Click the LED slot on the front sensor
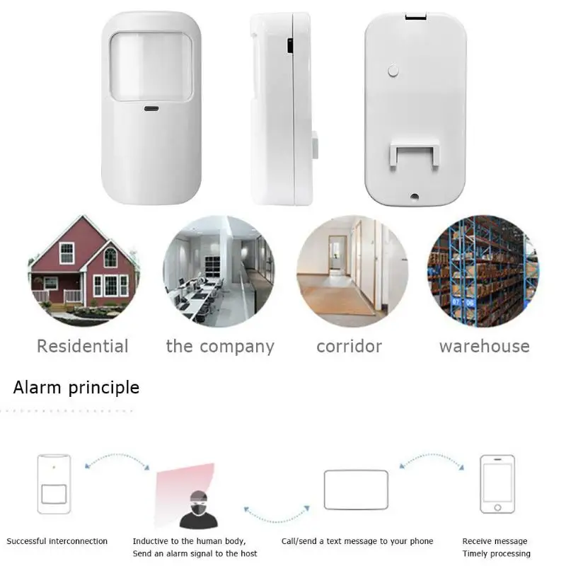pyautogui.click(x=151, y=108)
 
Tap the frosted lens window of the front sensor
pyautogui.click(x=151, y=67)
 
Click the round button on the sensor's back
pyautogui.click(x=393, y=71)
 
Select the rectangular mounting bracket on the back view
pyautogui.click(x=415, y=155)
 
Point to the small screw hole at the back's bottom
pyautogui.click(x=415, y=197)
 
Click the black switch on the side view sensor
pyautogui.click(x=290, y=46)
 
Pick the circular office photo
pyautogui.click(x=219, y=271)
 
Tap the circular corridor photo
pyautogui.click(x=352, y=271)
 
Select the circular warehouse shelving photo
pyautogui.click(x=483, y=271)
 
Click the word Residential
pyautogui.click(x=83, y=346)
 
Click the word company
pyautogui.click(x=237, y=347)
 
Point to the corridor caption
pyautogui.click(x=349, y=347)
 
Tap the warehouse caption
pyautogui.click(x=485, y=347)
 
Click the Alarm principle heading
pyautogui.click(x=76, y=388)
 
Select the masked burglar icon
pyautogui.click(x=199, y=509)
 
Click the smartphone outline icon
pyautogui.click(x=497, y=484)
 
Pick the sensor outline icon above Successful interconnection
pyautogui.click(x=54, y=484)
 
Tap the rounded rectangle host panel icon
pyautogui.click(x=356, y=490)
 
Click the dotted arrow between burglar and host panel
pyautogui.click(x=277, y=521)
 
